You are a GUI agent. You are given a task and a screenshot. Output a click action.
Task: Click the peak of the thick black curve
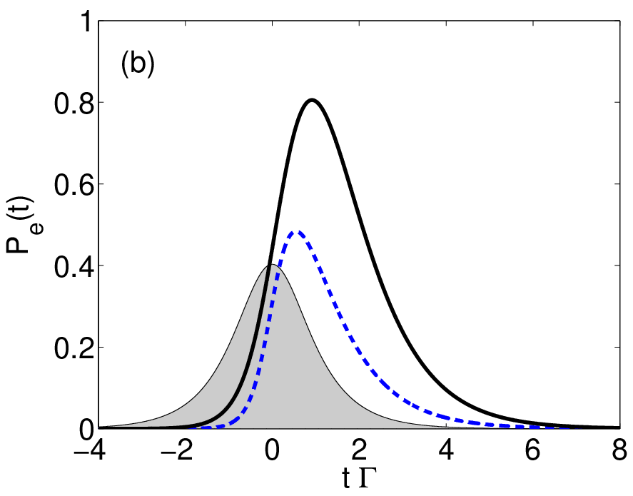(312, 100)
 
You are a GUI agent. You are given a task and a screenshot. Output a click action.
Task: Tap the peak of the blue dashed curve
(298, 232)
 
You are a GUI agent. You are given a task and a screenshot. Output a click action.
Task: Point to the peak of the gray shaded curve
(272, 265)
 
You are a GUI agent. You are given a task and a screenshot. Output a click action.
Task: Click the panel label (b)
(138, 64)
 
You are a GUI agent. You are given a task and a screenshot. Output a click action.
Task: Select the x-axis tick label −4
(90, 450)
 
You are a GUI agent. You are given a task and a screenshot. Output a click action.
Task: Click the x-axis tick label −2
(177, 450)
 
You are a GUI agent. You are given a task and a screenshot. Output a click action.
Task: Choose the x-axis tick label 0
(272, 450)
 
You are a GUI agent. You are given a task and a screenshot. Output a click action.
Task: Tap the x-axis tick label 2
(359, 450)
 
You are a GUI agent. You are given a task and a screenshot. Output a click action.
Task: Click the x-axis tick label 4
(446, 450)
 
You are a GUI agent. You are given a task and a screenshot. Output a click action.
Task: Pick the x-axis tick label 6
(533, 450)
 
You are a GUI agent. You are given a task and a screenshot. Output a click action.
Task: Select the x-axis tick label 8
(619, 450)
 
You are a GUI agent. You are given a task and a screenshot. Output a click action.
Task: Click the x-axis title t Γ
(359, 479)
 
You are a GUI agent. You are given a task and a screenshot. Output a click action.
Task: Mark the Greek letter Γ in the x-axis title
(368, 479)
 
